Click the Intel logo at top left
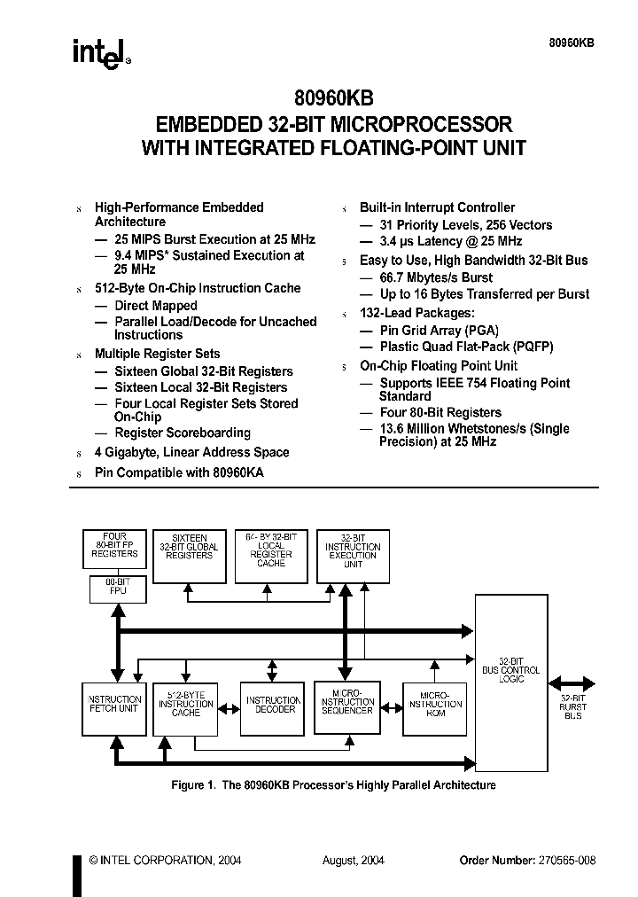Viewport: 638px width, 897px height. pyautogui.click(x=100, y=53)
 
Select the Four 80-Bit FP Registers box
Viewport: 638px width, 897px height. pyautogui.click(x=114, y=548)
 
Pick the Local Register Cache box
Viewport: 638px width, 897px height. pyautogui.click(x=271, y=555)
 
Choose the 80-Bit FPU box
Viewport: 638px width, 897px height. pyautogui.click(x=114, y=589)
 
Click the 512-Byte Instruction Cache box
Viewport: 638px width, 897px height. pyautogui.click(x=186, y=707)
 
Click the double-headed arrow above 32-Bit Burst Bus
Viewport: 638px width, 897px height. pyautogui.click(x=572, y=683)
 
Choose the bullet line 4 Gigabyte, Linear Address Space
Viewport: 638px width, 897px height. pyautogui.click(x=191, y=452)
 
